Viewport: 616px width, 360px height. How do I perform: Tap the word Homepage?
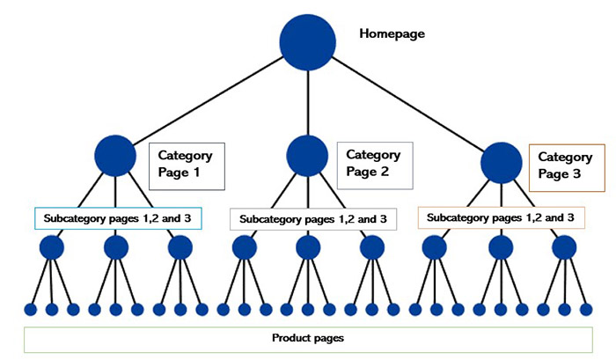point(392,34)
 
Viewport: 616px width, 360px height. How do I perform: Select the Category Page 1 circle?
point(115,157)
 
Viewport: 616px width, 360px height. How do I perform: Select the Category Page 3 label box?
point(567,167)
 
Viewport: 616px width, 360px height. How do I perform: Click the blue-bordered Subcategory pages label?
point(118,217)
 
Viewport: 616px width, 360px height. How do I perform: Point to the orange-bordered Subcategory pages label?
point(501,217)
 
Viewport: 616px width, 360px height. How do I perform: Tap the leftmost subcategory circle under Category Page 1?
point(51,247)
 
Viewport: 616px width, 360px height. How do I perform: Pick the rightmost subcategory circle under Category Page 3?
point(564,247)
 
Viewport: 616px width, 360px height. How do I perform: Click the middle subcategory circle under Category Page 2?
point(308,247)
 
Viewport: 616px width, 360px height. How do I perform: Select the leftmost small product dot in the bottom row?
point(30,309)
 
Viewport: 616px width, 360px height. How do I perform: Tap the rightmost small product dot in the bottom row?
point(586,309)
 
